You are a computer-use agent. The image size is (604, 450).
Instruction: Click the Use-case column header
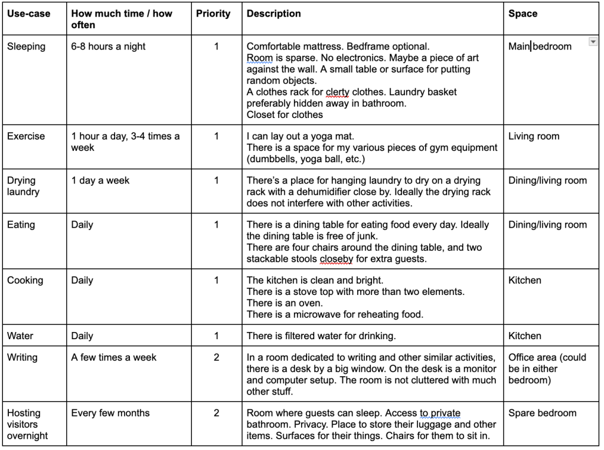tap(28, 14)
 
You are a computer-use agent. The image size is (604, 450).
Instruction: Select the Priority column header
tap(213, 14)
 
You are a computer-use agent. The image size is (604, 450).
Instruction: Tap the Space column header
tap(523, 14)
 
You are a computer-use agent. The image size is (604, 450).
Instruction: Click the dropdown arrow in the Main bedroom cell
tap(592, 42)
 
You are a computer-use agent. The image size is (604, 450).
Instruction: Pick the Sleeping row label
tap(26, 47)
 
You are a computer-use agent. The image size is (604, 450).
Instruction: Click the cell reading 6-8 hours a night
tap(108, 47)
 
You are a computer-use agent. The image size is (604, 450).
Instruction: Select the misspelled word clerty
tap(338, 92)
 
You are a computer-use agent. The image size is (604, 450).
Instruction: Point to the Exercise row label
tap(26, 136)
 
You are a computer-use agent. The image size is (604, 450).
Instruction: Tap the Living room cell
tap(534, 136)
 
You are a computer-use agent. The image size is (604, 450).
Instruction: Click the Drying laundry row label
tap(22, 186)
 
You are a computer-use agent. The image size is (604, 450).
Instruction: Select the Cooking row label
tap(25, 280)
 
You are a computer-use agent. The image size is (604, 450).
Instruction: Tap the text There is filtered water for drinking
tap(321, 336)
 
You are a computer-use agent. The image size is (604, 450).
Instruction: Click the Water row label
tap(20, 336)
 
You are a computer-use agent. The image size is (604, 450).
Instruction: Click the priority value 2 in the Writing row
tap(217, 357)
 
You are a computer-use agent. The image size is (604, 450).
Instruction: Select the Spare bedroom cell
tap(542, 413)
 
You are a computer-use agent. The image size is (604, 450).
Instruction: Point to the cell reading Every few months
tap(110, 413)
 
